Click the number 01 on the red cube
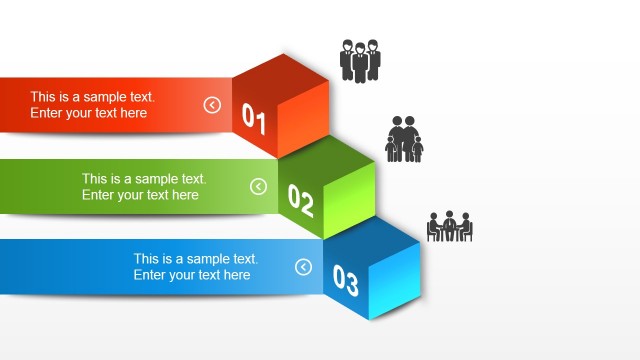[x=254, y=120]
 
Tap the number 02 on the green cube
[x=301, y=201]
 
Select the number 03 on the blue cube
[x=345, y=282]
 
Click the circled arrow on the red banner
[x=212, y=105]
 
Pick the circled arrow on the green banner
[x=258, y=186]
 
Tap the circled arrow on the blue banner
[x=304, y=267]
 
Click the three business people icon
[x=360, y=60]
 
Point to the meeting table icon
[x=450, y=226]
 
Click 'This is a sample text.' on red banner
[x=92, y=97]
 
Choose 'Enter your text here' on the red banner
[x=88, y=113]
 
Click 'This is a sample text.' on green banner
[x=144, y=179]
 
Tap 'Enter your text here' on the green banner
[x=140, y=195]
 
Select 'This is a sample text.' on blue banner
[x=196, y=258]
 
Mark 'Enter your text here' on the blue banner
[x=192, y=274]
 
